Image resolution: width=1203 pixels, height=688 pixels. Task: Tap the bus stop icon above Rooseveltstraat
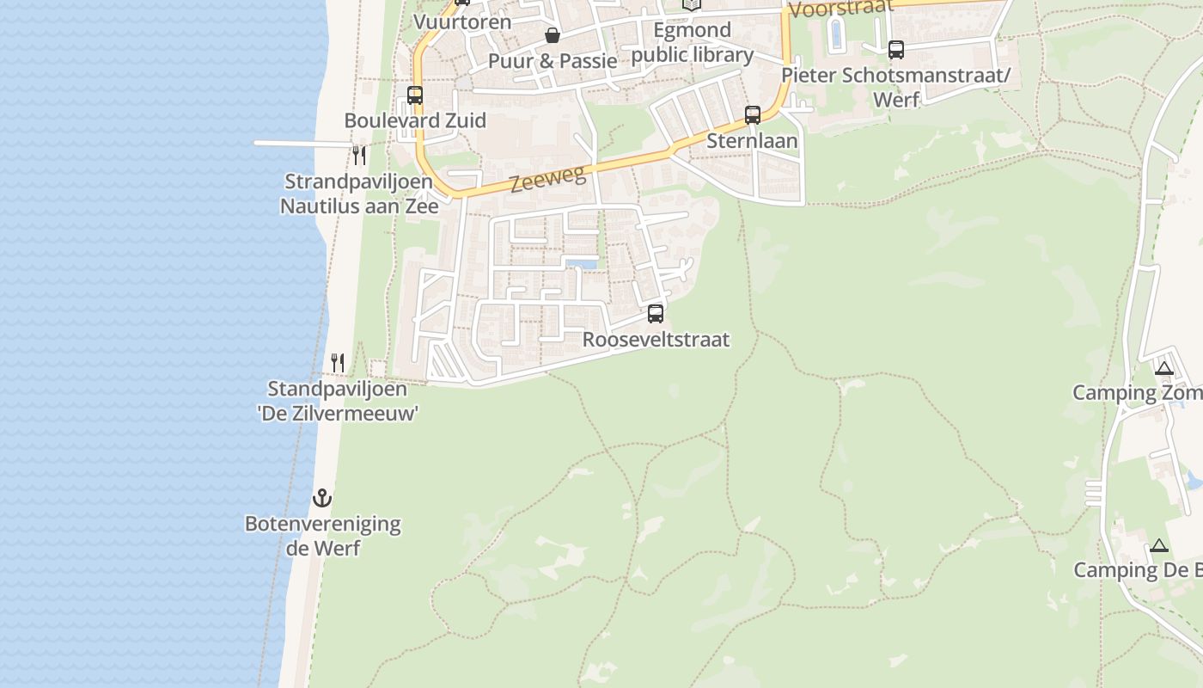tap(656, 314)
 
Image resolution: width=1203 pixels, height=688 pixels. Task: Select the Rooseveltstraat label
tap(656, 340)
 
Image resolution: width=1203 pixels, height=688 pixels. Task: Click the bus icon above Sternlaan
tap(753, 114)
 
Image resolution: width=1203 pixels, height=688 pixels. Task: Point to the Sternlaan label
tap(752, 140)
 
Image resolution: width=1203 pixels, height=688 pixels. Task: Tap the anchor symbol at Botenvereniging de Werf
tap(322, 498)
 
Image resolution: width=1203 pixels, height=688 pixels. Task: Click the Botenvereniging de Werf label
tap(323, 535)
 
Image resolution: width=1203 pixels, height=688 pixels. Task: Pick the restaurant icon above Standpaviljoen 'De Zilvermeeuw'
tap(338, 363)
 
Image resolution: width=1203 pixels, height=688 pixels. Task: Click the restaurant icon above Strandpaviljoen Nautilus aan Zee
tap(359, 156)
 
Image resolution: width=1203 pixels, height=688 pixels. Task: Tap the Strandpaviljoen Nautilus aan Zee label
tap(359, 193)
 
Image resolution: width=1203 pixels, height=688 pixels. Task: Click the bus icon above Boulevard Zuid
tap(415, 95)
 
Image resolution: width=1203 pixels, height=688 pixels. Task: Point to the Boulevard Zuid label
tap(415, 120)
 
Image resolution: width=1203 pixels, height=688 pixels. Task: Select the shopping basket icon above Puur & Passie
tap(553, 35)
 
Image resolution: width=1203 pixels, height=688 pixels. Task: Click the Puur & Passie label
tap(553, 61)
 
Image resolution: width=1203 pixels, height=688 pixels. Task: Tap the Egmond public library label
tap(692, 43)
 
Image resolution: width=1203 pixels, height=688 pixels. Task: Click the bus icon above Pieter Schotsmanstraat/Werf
tap(896, 50)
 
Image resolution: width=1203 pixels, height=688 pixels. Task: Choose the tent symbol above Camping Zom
tap(1164, 369)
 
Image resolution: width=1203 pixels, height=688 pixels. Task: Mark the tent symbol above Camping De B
tap(1159, 545)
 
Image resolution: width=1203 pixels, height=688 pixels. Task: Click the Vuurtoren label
tap(462, 21)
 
